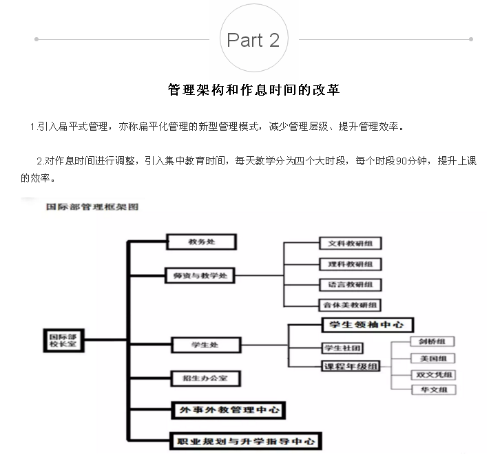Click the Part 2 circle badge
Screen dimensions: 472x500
point(253,40)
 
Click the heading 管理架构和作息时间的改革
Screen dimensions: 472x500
point(253,90)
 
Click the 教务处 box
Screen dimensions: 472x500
point(202,242)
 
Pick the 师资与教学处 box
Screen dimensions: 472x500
point(200,276)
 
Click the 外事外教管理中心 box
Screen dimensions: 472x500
point(227,409)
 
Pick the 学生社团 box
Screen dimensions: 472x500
point(342,347)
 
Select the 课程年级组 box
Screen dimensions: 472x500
point(351,366)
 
